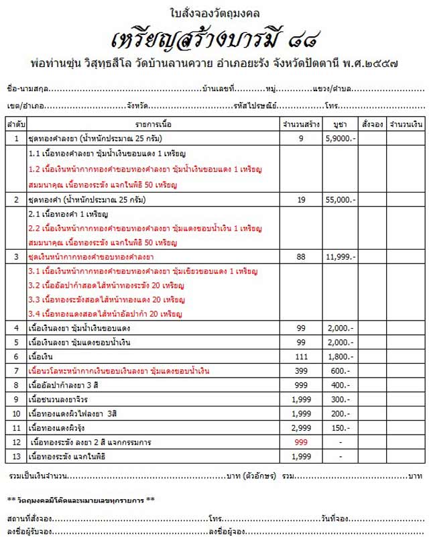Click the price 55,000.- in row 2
tap(340, 200)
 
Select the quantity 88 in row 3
tap(301, 257)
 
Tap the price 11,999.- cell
tap(340, 257)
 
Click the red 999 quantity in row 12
tap(301, 442)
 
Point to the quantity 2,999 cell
tap(301, 428)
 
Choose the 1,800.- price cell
tap(340, 356)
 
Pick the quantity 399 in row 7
tap(301, 371)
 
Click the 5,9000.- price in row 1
tap(340, 138)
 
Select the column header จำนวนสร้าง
tap(301, 125)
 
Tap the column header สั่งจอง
tap(371, 125)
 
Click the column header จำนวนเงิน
tap(405, 125)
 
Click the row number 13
tap(16, 457)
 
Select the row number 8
tap(16, 385)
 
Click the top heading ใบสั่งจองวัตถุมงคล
tap(214, 12)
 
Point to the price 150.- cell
tap(340, 428)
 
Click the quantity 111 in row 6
tap(301, 356)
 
